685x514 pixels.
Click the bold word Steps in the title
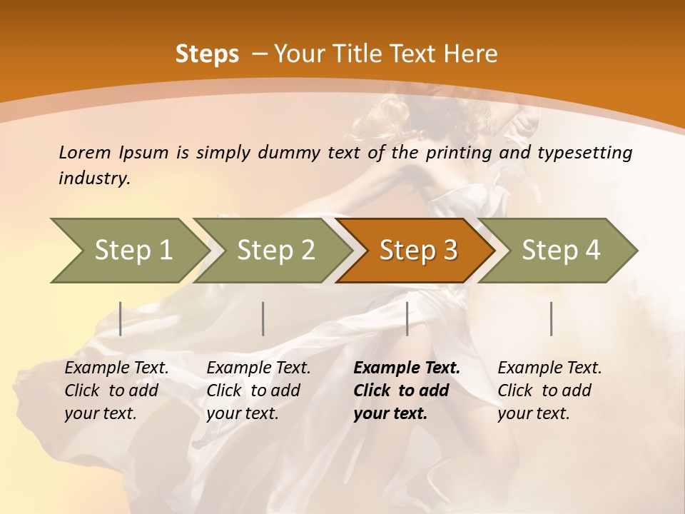(207, 54)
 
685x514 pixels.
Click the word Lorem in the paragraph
(84, 152)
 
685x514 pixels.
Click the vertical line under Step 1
(121, 318)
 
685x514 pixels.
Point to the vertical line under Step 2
(263, 318)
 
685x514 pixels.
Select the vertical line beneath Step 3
(407, 318)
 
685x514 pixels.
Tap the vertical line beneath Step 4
(551, 318)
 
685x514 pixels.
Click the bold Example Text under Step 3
(407, 368)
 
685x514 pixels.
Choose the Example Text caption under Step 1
(116, 368)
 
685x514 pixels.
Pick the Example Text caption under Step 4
(549, 368)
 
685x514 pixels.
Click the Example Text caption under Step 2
(258, 368)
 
